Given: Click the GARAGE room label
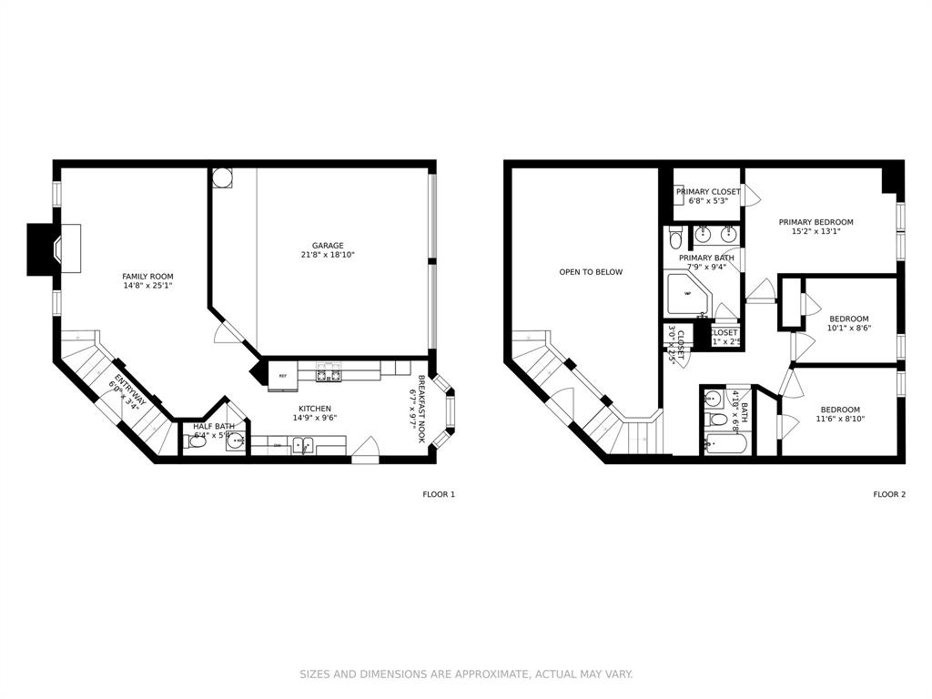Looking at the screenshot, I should click(x=328, y=245).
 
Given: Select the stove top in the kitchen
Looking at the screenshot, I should click(x=328, y=374).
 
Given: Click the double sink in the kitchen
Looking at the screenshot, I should click(x=303, y=445).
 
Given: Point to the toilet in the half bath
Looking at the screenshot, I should click(x=198, y=441).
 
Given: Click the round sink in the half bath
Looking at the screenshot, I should click(x=235, y=442).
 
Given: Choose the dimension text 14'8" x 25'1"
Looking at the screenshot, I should click(x=147, y=286).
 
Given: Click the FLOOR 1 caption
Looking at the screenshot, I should click(x=438, y=494).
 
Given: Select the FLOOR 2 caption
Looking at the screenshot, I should click(x=889, y=494).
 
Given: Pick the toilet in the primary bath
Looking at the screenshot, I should click(x=675, y=238).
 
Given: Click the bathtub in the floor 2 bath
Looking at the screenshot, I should click(x=725, y=445).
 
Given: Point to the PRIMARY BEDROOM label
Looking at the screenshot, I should click(x=815, y=222).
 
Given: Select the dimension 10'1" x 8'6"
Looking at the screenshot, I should click(x=848, y=328).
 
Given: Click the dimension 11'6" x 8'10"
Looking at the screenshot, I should click(x=839, y=419).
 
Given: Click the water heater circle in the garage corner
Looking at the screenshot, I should click(x=222, y=177).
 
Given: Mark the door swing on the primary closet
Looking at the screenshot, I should click(x=751, y=195).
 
